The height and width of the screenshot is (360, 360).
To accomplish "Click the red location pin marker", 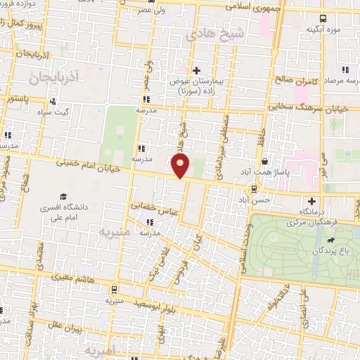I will point(181,165).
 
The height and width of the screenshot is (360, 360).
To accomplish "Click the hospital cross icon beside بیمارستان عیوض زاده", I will point(196,70).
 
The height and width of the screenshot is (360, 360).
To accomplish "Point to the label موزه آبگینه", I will point(323,30).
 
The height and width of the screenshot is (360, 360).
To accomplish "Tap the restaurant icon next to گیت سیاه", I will point(53,102).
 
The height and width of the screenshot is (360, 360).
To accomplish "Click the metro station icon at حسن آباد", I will point(254,188).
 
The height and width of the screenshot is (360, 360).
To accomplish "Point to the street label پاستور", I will point(18,100).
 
